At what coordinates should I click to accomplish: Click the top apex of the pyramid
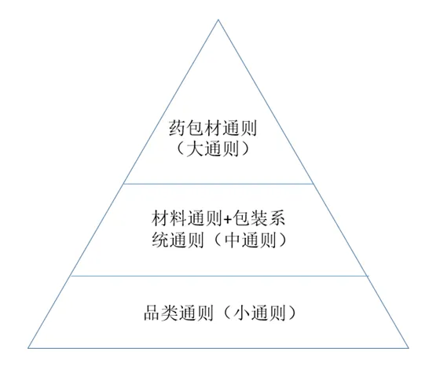click(x=218, y=20)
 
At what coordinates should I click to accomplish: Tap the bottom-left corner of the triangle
click(x=28, y=348)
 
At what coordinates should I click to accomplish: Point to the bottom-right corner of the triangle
click(x=409, y=348)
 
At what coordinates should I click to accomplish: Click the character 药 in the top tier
click(x=178, y=128)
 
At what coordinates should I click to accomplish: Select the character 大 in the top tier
click(x=195, y=148)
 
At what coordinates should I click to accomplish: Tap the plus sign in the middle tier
click(x=228, y=219)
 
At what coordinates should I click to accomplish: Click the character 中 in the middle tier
click(x=234, y=240)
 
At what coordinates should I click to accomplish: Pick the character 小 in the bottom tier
click(x=243, y=313)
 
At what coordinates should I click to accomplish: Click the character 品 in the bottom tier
click(x=152, y=313)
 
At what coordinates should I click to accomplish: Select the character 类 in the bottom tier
click(x=170, y=313)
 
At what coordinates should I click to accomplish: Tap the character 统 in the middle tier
click(x=160, y=240)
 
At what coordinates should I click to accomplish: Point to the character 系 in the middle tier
click(x=277, y=218)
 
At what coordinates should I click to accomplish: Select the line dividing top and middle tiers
click(x=218, y=184)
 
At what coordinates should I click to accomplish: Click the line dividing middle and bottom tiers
click(x=219, y=276)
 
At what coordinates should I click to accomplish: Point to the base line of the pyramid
click(x=218, y=348)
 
